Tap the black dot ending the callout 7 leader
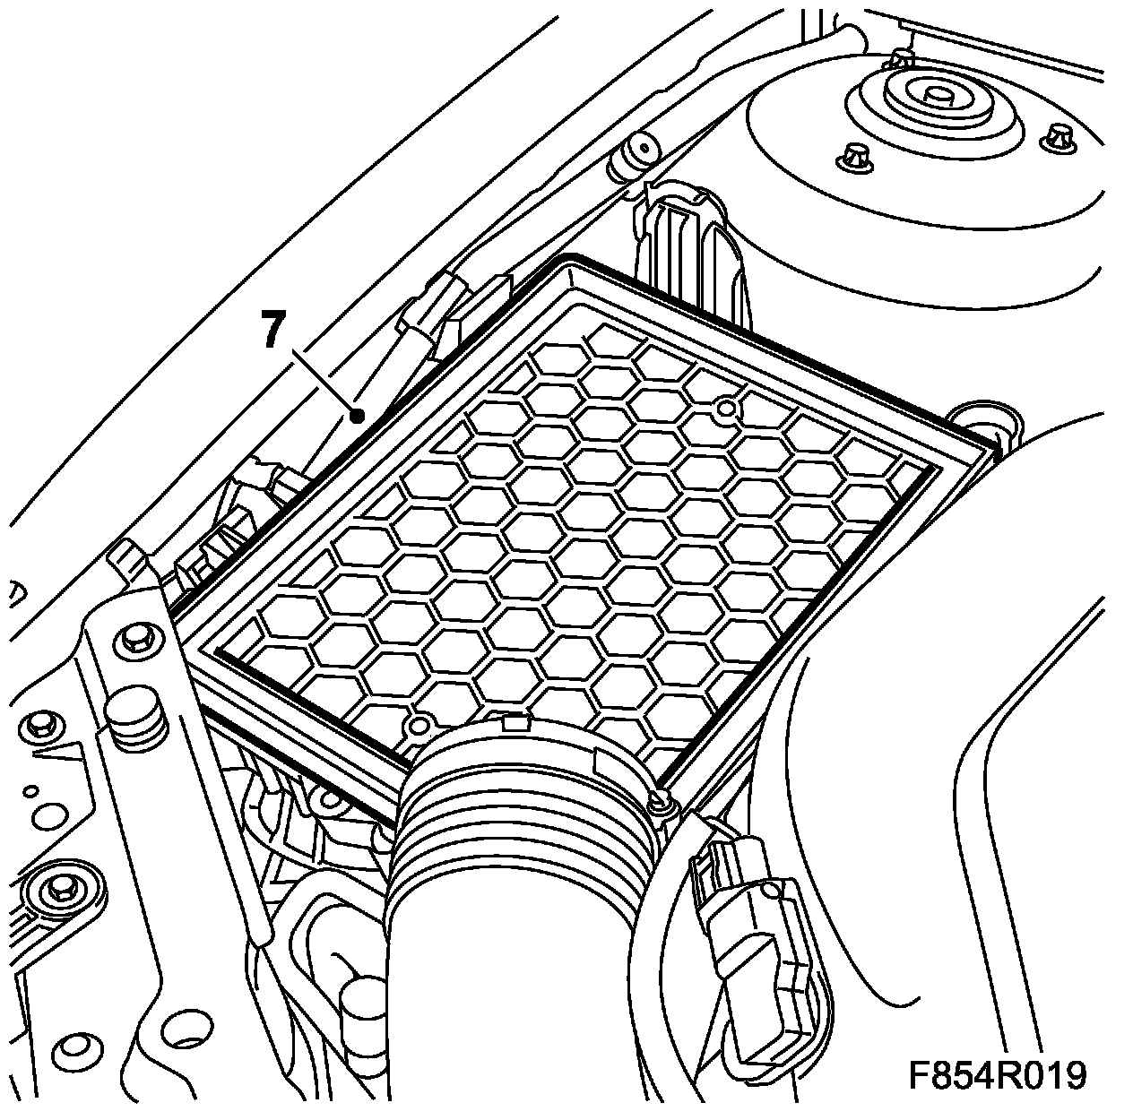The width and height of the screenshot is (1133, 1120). pos(357,415)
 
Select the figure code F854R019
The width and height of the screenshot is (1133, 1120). pos(997,1074)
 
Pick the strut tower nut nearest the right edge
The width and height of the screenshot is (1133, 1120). pos(1059,136)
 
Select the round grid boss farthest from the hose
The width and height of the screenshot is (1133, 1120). pos(727,410)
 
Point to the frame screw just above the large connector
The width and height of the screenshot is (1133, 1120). pos(662,800)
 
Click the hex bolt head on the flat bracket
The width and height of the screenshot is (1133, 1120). pos(134,639)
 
